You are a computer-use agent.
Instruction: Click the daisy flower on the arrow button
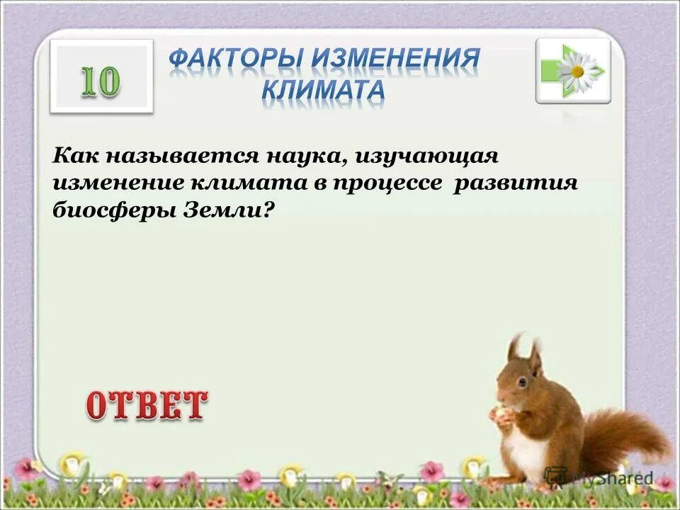coord(577,71)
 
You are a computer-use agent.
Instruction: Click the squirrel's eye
coord(521,382)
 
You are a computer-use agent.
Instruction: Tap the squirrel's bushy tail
coord(623,432)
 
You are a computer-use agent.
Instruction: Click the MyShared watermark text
coord(611,478)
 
